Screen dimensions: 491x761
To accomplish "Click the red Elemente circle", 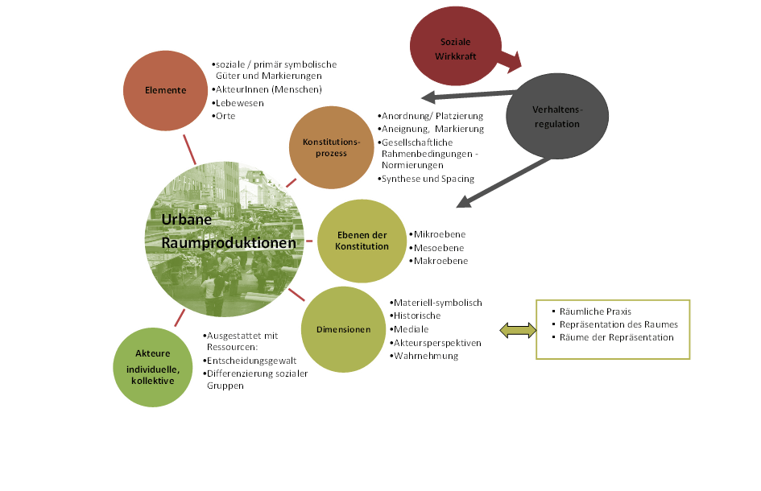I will (165, 90).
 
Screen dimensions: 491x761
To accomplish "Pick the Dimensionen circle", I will (342, 329).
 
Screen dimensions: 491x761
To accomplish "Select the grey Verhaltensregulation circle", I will (556, 118).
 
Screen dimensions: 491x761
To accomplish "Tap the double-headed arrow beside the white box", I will (517, 329).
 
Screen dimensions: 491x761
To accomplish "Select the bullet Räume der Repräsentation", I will (616, 337).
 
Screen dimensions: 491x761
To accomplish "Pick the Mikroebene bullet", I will (440, 234).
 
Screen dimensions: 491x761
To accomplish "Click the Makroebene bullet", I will (440, 261).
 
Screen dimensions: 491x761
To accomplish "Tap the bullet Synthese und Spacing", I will (428, 179).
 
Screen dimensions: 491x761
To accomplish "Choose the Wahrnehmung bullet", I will (425, 356).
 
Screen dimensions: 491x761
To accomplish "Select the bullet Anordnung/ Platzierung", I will (432, 116).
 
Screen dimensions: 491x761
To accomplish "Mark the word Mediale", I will (412, 329).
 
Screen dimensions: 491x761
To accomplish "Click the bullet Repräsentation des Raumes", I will (618, 324).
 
